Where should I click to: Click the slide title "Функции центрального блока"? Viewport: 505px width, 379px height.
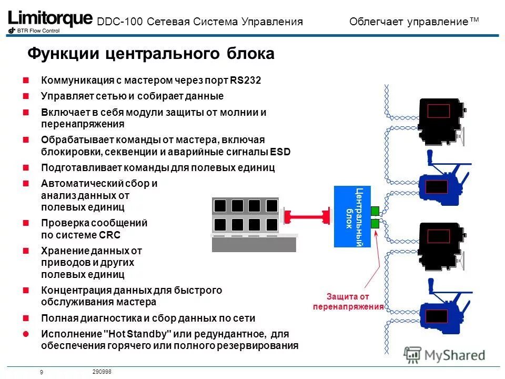coord(150,54)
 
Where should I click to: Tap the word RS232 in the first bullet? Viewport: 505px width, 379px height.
coord(245,81)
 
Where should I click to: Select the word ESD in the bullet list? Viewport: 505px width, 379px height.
coord(280,152)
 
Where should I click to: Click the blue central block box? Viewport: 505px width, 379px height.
coord(352,216)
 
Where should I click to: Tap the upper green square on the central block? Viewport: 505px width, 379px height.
coord(375,211)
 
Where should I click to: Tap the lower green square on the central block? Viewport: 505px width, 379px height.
coord(375,224)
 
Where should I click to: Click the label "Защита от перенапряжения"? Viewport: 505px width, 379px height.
coord(348,302)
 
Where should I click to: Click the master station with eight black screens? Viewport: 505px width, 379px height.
coord(254,224)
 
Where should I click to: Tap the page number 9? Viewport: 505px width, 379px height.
coord(41,373)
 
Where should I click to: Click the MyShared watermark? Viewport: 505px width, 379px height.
coord(445,354)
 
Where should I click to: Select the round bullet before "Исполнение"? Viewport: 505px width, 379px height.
coord(25,334)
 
